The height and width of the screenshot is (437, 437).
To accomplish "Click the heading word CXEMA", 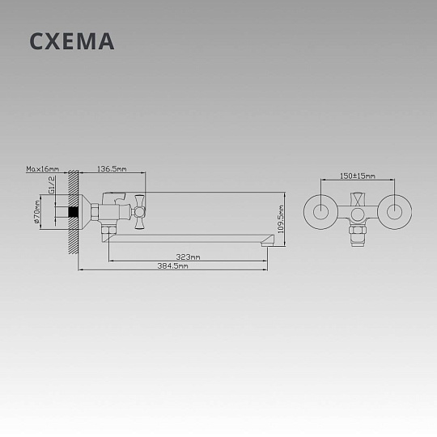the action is click(72, 41).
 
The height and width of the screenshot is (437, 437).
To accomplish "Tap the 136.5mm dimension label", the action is click(112, 169).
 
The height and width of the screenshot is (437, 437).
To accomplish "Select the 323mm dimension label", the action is click(188, 257).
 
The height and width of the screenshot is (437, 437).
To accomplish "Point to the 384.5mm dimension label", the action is click(173, 266).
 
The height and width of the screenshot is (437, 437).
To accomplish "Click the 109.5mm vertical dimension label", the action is click(281, 219).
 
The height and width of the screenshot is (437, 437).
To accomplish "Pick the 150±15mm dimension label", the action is click(358, 176).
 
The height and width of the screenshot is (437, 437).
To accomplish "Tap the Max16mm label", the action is click(43, 169).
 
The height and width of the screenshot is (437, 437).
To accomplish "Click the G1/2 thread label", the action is click(52, 185).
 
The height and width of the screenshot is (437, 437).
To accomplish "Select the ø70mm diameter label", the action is click(36, 212).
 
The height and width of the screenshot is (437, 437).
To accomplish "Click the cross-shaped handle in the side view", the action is click(139, 212).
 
